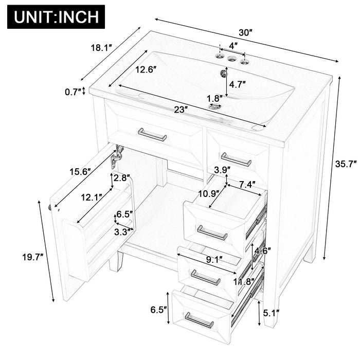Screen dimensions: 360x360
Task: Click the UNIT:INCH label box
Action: pos(56,16)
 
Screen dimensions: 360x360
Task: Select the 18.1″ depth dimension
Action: pos(101,48)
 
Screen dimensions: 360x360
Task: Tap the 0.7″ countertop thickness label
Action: pos(72,92)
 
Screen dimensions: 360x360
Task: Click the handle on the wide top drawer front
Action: pos(152,135)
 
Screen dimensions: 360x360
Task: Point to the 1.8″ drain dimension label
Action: pos(215,97)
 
